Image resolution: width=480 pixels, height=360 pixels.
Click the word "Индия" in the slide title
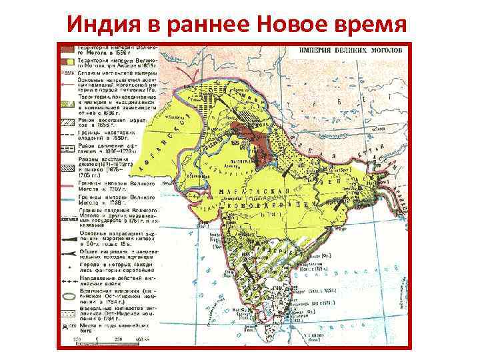coord(106,25)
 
